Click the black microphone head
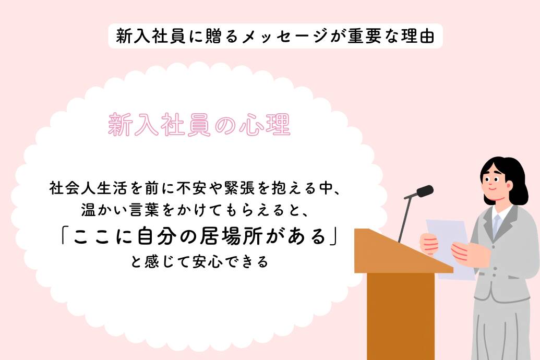coord(424,191)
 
